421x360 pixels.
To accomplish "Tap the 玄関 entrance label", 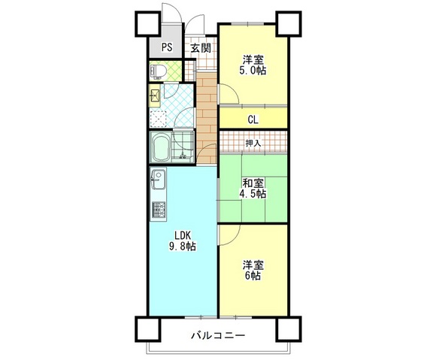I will pyautogui.click(x=199, y=48).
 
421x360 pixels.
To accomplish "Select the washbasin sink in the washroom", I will pyautogui.click(x=155, y=96).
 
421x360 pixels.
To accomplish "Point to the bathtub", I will pyautogui.click(x=161, y=149).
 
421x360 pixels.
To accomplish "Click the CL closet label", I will pyautogui.click(x=253, y=118).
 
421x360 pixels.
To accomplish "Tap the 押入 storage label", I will pyautogui.click(x=253, y=142).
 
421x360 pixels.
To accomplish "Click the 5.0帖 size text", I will pyautogui.click(x=253, y=71).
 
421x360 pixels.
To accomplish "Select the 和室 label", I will pyautogui.click(x=253, y=182).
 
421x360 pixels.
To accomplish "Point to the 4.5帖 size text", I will pyautogui.click(x=253, y=194).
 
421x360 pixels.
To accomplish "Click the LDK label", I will pyautogui.click(x=180, y=233).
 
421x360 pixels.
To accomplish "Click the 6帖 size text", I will pyautogui.click(x=253, y=276).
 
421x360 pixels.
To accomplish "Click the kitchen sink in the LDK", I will pyautogui.click(x=157, y=181).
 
